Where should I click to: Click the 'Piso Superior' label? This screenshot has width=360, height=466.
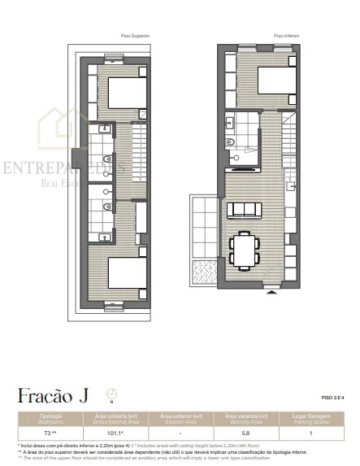coord(135,37)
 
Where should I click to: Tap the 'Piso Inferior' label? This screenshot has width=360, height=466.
coord(285,37)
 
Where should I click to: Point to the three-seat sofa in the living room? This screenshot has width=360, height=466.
coord(245,211)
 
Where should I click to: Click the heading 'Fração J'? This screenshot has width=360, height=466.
coord(52,396)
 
